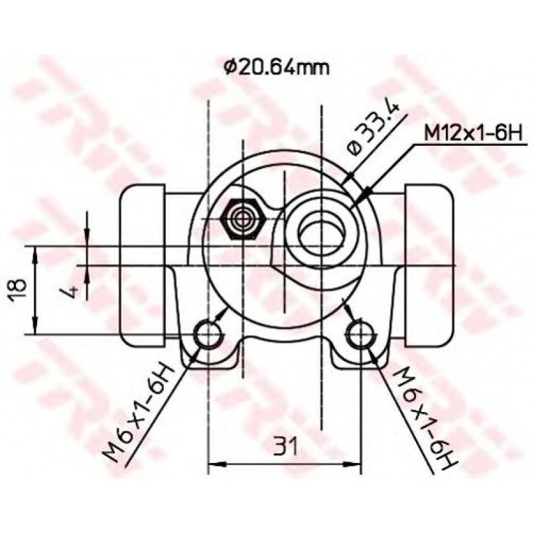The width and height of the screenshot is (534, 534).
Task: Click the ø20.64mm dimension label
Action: click(277, 68)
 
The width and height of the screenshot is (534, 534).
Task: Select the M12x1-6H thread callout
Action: click(473, 133)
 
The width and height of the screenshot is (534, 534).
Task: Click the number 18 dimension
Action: click(17, 290)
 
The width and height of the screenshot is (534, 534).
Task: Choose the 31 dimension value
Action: click(285, 446)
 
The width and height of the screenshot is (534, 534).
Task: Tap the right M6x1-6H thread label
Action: click(423, 417)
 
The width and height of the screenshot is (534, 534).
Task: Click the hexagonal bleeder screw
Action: click(242, 218)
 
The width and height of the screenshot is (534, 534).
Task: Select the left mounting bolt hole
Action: click(208, 334)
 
